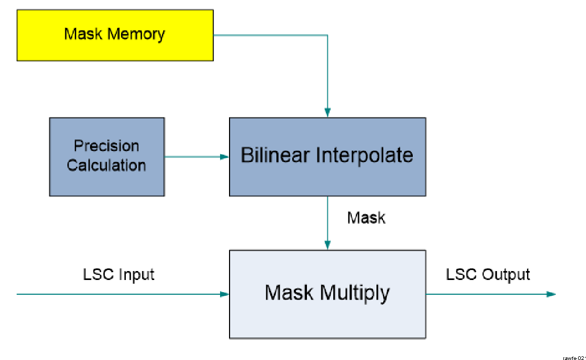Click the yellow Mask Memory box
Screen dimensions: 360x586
tap(115, 35)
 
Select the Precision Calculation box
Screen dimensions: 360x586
tap(106, 156)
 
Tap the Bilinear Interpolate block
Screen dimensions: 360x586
tap(327, 156)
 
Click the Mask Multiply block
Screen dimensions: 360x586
tap(327, 294)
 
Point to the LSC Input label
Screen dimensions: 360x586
tap(118, 274)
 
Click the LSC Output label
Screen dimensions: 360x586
tap(488, 274)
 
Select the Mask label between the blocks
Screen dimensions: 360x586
tap(366, 217)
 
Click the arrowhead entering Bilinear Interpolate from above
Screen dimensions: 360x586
tap(327, 112)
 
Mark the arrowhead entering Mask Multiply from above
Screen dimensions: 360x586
tap(327, 245)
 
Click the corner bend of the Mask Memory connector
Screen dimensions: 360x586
tap(327, 35)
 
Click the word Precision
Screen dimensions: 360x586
tap(106, 146)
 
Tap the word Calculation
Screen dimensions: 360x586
tap(106, 165)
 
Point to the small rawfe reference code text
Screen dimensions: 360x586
tap(574, 357)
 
